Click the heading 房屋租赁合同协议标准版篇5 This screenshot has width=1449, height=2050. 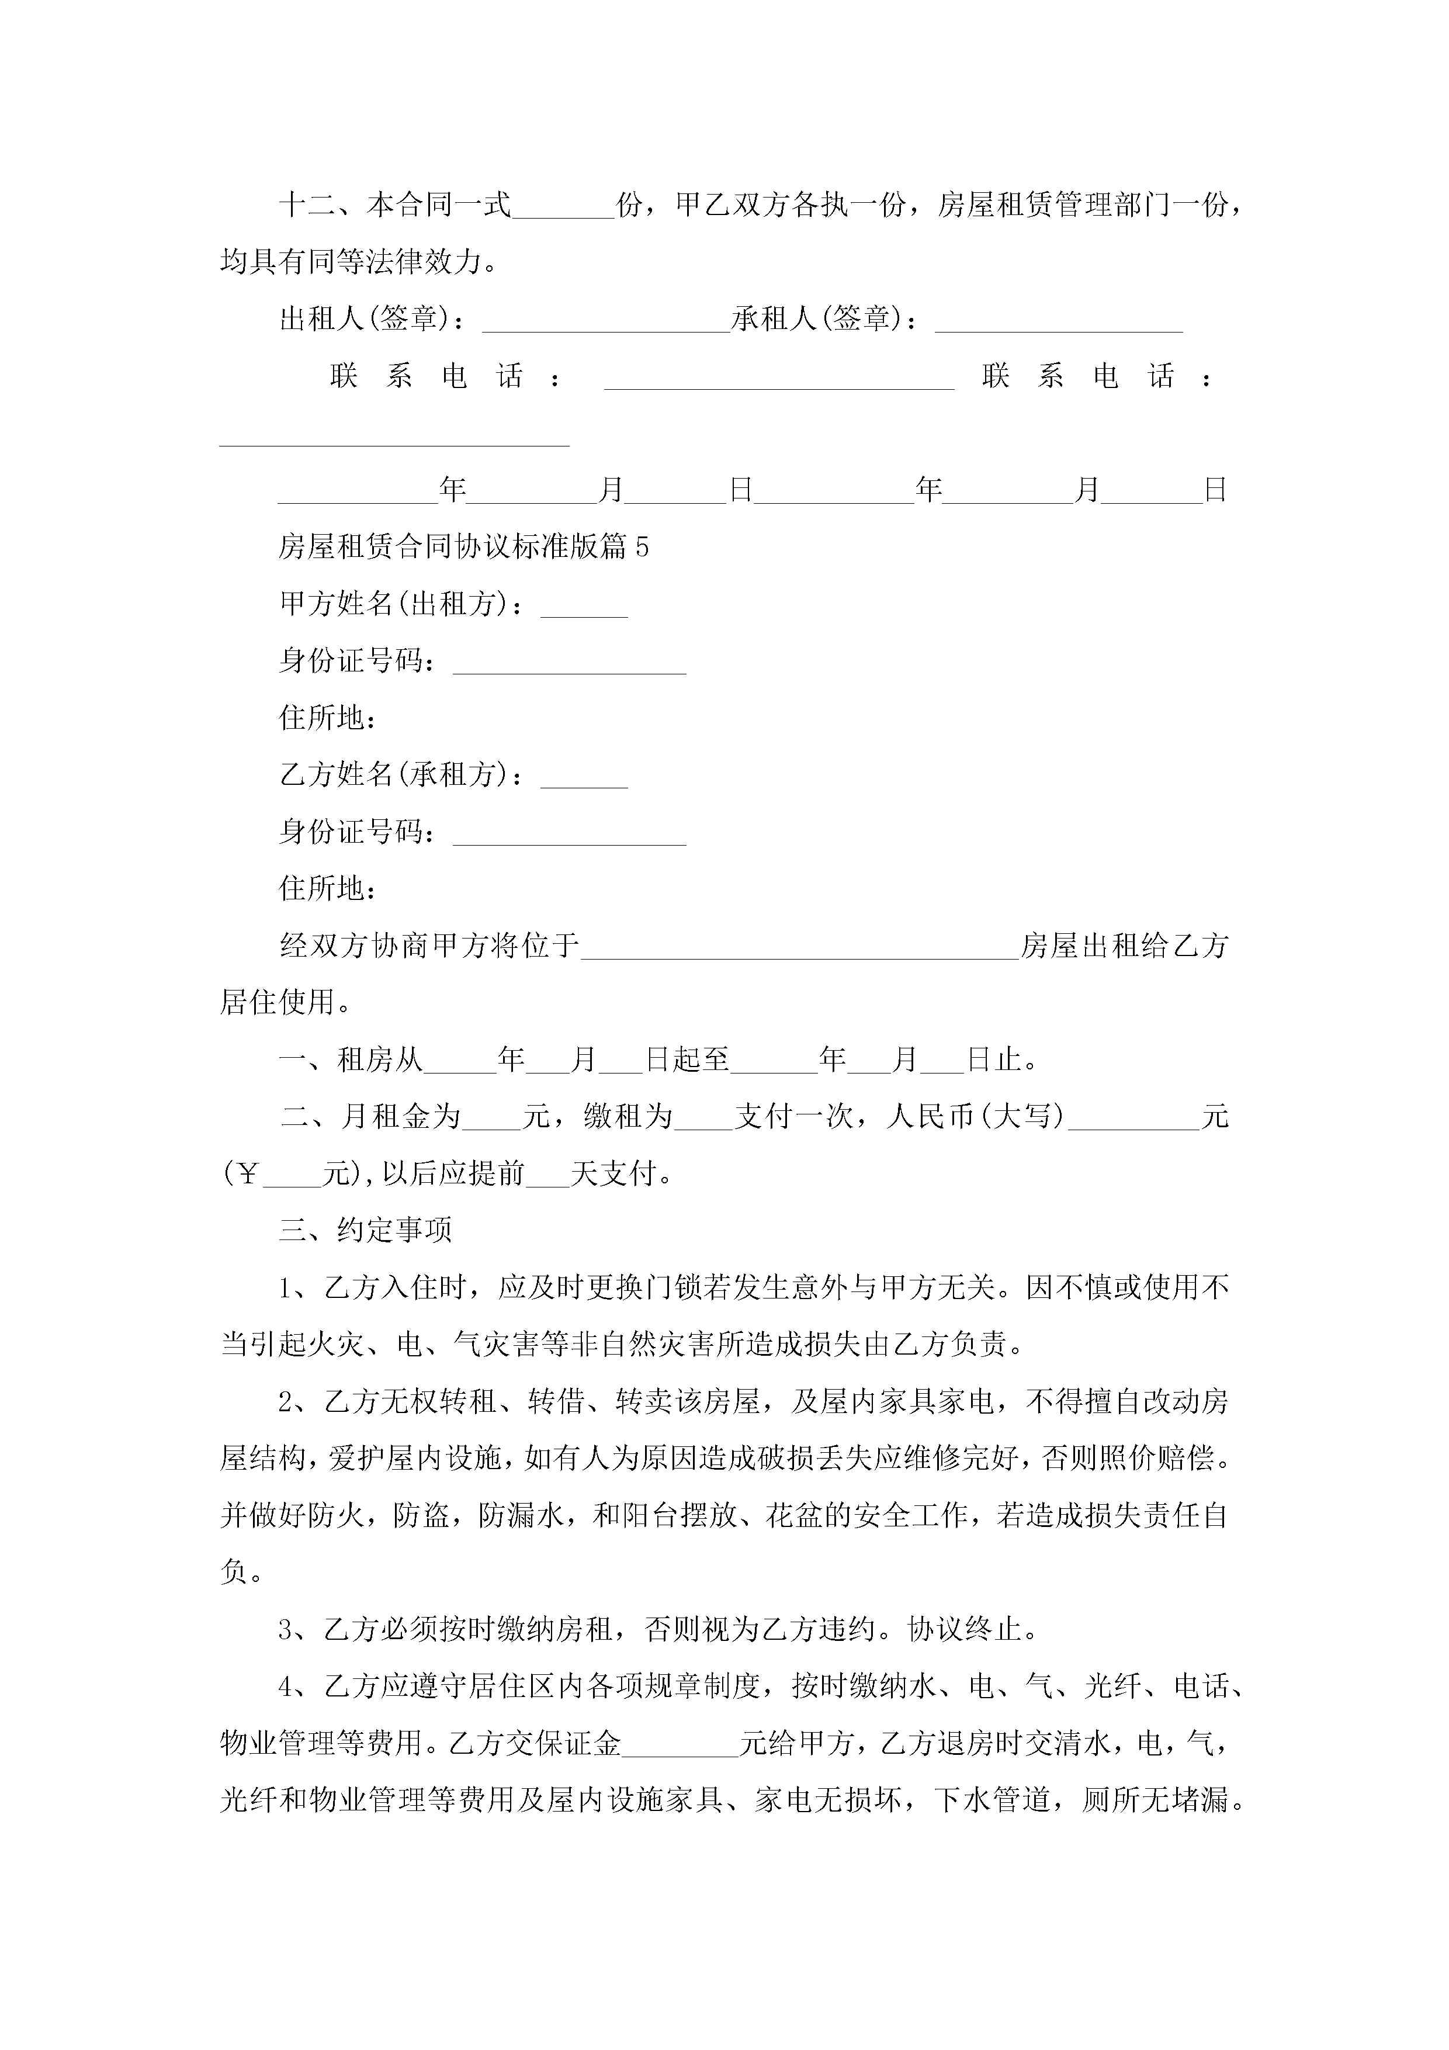pyautogui.click(x=463, y=546)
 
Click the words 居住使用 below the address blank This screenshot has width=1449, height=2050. pyautogui.click(x=278, y=1003)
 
